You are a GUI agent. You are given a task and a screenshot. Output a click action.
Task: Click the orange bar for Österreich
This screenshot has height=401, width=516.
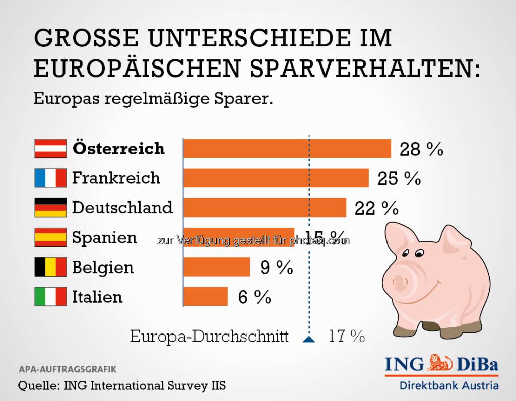287,149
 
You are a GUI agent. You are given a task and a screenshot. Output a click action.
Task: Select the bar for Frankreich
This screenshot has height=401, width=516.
276,178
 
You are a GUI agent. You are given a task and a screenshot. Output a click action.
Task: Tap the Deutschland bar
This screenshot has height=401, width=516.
265,207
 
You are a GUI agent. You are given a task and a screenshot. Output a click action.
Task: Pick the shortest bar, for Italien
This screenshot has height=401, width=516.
206,296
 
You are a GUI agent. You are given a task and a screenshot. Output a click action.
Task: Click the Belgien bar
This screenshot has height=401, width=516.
217,267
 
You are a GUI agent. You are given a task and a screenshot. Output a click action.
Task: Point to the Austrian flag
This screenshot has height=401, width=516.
50,149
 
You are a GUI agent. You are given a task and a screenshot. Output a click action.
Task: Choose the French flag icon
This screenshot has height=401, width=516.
50,178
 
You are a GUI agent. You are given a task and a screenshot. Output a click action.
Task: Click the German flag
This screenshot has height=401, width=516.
50,207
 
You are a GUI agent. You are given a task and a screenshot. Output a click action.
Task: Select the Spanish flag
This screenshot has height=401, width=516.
50,237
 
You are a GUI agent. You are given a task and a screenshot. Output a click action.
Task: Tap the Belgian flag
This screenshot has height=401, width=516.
50,267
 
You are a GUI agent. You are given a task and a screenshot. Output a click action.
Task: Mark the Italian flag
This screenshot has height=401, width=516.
50,296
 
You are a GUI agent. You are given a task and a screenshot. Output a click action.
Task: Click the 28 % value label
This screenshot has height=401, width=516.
421,149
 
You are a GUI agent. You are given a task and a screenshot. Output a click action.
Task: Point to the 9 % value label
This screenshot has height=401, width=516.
277,268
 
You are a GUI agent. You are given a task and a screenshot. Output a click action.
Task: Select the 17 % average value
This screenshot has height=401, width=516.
347,336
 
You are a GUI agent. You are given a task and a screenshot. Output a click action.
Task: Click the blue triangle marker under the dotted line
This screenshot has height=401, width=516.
309,339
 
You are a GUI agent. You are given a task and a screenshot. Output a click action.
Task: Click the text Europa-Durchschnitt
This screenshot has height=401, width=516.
209,336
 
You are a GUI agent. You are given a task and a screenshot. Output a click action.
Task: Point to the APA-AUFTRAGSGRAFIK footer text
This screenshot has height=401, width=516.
68,369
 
